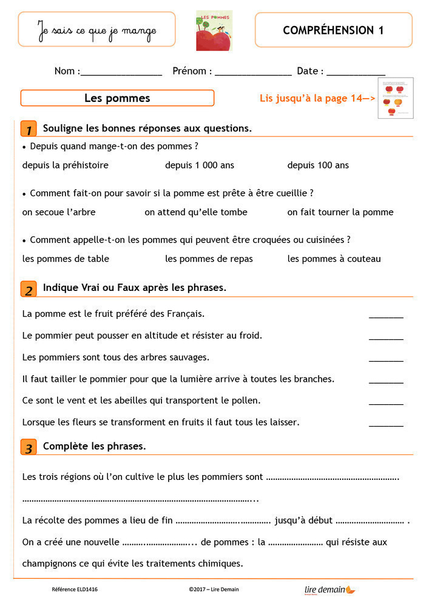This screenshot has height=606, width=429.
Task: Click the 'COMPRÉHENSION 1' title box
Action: [333, 30]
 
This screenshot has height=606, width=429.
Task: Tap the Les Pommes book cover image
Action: [214, 30]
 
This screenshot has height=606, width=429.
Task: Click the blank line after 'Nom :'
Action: [121, 72]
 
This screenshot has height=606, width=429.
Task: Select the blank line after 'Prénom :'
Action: [254, 72]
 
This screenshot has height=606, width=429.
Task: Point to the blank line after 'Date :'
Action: [356, 72]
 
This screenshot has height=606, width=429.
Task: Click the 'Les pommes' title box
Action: [117, 98]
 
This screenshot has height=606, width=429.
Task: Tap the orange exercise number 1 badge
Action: [28, 128]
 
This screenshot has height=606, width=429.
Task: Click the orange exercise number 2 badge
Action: [28, 288]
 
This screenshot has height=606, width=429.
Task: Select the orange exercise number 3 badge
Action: [28, 448]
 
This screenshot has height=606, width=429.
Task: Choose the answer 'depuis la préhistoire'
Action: [66, 165]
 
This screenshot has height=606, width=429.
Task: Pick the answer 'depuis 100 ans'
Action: [318, 165]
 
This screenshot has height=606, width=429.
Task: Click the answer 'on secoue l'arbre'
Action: [59, 212]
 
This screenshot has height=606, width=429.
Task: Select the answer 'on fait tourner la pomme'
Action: [340, 212]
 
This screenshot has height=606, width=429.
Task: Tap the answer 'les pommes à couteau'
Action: [334, 259]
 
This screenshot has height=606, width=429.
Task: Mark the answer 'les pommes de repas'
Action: [209, 259]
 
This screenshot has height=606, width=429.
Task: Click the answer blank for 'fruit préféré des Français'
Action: [386, 315]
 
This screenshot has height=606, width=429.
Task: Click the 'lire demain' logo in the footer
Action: [329, 589]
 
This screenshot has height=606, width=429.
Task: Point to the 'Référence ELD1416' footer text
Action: [75, 589]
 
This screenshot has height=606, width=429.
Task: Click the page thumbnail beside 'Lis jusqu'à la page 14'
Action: [395, 98]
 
